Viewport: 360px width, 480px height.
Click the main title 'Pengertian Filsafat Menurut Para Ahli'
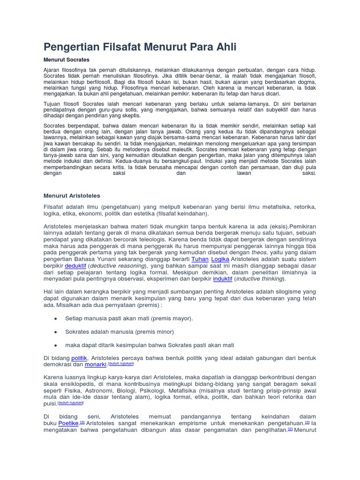(140, 47)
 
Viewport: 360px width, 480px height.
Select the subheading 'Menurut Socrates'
(66, 60)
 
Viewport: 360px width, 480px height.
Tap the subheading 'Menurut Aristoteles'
(72, 195)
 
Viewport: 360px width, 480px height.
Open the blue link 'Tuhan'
(200, 259)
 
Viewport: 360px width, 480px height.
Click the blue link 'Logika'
(220, 259)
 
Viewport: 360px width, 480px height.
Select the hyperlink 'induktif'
(223, 278)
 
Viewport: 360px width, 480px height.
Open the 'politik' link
(79, 358)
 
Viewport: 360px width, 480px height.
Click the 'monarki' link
(96, 365)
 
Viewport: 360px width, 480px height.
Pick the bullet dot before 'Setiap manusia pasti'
(56, 319)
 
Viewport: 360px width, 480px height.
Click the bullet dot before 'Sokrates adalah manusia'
(56, 332)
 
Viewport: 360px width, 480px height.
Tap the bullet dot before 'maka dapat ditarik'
(56, 345)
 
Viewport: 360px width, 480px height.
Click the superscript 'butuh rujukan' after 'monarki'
(121, 363)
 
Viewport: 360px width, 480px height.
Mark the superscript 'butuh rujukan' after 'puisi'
(71, 403)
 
